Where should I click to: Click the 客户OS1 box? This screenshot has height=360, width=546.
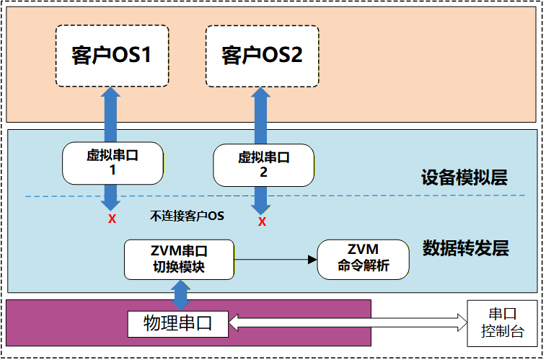[112, 56]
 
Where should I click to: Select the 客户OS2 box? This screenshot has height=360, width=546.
[262, 56]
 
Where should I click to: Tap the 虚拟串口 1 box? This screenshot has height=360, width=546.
[113, 162]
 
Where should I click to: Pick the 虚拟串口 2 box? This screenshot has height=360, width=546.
[263, 165]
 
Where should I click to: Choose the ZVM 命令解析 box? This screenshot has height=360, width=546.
[364, 259]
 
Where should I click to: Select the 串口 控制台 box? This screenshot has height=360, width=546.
[503, 322]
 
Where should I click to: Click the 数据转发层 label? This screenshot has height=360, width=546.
[465, 249]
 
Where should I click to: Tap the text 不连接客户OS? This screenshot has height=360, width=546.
[188, 216]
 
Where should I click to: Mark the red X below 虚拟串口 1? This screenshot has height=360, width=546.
[112, 219]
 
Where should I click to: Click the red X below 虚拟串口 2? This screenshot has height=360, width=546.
[262, 221]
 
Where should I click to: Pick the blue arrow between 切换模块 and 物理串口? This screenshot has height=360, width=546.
[180, 295]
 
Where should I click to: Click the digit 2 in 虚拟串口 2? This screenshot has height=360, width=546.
[263, 173]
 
